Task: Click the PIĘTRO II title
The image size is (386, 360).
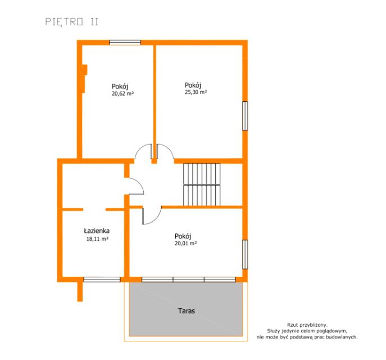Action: click(x=72, y=22)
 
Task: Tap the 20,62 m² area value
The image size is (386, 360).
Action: click(x=122, y=93)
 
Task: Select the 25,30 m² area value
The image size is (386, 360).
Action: click(x=196, y=92)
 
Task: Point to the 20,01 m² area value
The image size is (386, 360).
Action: click(x=185, y=244)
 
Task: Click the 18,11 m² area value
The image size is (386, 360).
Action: click(x=97, y=238)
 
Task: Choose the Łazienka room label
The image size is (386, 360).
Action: click(x=97, y=231)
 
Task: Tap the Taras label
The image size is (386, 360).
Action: click(x=187, y=311)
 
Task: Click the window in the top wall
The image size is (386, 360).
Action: click(x=125, y=43)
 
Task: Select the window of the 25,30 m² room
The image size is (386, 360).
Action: click(x=245, y=116)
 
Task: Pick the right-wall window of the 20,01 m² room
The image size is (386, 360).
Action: click(x=245, y=255)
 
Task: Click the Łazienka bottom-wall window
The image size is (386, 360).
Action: click(x=102, y=280)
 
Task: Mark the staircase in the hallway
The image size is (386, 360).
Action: click(x=202, y=184)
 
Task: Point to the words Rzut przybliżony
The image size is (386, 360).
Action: click(x=307, y=325)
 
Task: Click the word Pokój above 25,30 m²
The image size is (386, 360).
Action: click(x=193, y=85)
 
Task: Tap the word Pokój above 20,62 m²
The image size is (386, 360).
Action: click(x=120, y=87)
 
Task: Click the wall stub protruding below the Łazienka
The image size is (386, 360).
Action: click(x=80, y=291)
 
